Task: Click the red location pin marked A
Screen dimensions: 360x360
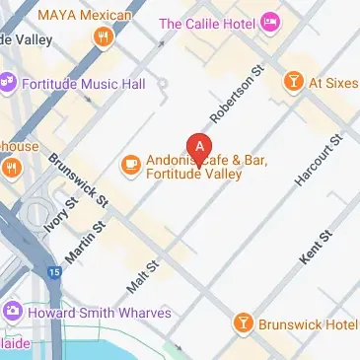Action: (x=200, y=148)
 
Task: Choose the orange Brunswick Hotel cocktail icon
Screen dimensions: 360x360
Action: (x=242, y=323)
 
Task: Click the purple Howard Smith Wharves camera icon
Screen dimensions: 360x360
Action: (x=12, y=313)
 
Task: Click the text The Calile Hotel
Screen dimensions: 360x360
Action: (x=208, y=23)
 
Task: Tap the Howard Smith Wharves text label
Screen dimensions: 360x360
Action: (x=100, y=313)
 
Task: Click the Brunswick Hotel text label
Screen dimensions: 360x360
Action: (x=307, y=323)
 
